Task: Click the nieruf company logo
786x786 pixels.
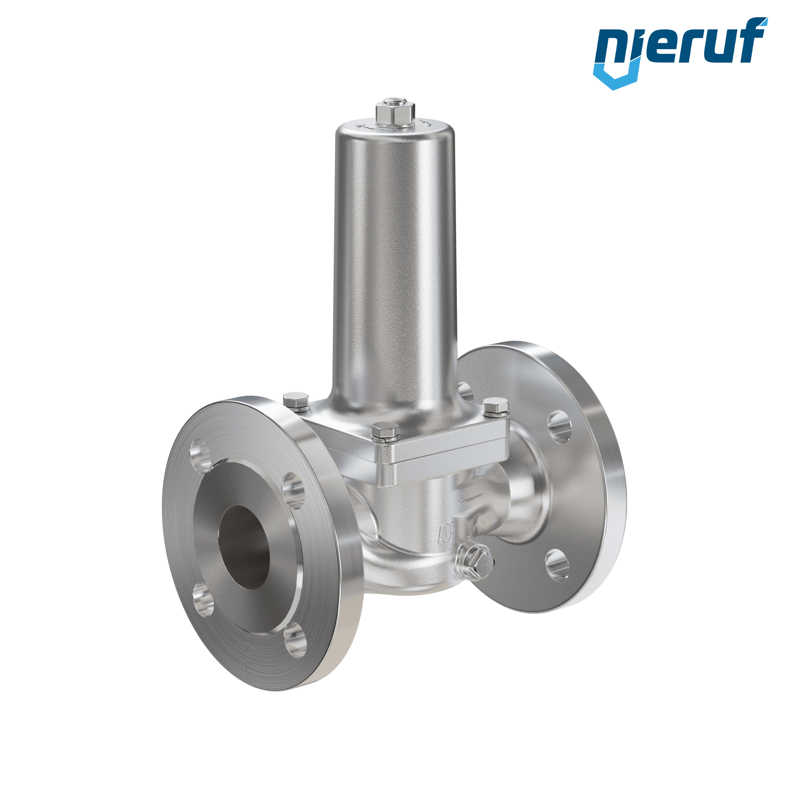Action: [680, 52]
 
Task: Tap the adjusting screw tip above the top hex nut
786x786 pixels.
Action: [395, 100]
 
